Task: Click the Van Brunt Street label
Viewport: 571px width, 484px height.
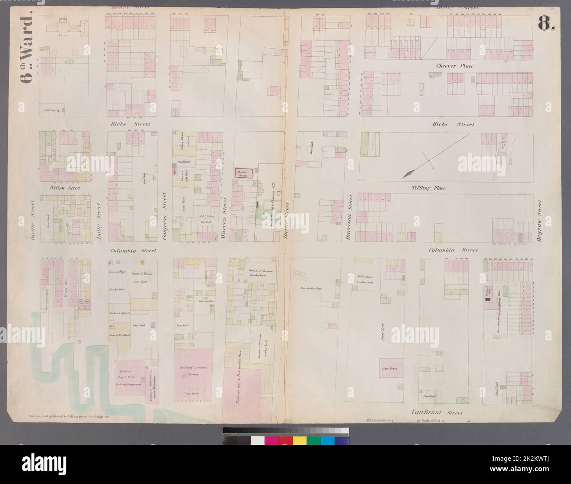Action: pos(437,412)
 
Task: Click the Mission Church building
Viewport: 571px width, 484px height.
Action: pos(243,173)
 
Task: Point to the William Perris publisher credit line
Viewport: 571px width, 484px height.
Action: pos(66,415)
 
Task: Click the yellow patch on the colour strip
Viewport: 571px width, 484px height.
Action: pos(300,440)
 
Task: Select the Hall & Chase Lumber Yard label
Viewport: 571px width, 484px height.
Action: pos(365,279)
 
